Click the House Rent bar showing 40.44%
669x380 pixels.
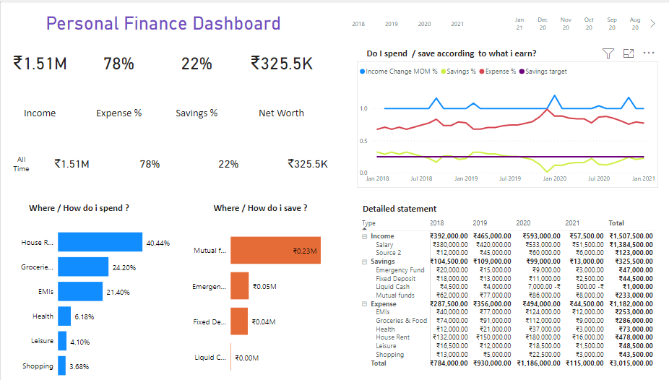tap(100, 242)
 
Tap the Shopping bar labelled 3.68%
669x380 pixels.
tap(61, 366)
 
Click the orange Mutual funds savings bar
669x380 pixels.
tap(275, 251)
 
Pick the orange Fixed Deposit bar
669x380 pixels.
tap(239, 321)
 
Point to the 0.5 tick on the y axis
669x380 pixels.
tap(363, 141)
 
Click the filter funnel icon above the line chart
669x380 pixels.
tap(608, 53)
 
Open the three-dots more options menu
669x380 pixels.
tap(648, 53)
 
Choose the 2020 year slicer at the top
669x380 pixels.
tap(424, 24)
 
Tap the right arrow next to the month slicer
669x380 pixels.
tap(653, 24)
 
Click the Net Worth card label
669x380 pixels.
tap(281, 113)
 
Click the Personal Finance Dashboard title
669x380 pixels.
tap(163, 23)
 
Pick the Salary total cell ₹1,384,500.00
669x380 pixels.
tap(631, 245)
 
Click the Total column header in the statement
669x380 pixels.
tap(616, 223)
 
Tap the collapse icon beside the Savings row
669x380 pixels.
tap(365, 262)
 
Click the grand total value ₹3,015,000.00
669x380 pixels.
tap(631, 363)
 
